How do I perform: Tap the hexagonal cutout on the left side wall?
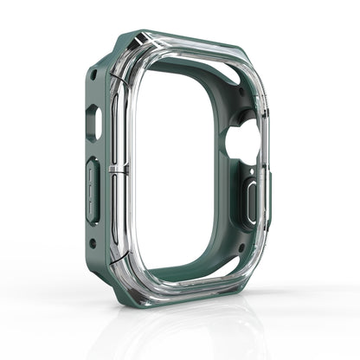point(94,123)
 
